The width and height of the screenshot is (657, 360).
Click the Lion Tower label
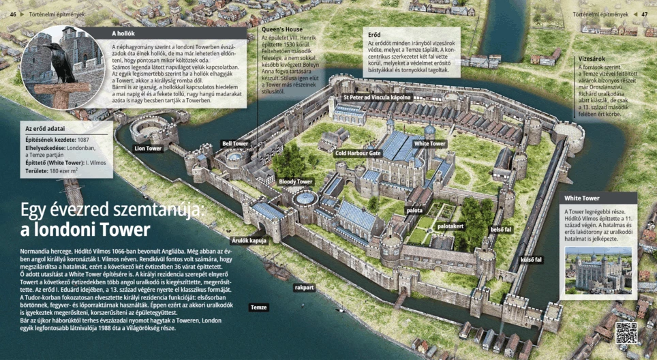pos(148,148)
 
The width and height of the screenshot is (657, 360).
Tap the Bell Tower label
pos(235,144)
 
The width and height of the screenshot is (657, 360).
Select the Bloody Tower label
pos(296,182)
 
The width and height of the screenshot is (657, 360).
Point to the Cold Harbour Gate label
pos(358,153)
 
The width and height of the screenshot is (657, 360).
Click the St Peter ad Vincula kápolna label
pos(377,97)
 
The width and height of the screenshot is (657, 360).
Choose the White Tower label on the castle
pos(430,144)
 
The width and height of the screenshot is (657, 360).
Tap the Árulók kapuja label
pos(249,240)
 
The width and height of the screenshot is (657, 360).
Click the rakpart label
pos(304,288)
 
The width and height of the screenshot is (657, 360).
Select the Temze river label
pos(259,307)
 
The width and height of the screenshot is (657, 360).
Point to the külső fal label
pos(531,260)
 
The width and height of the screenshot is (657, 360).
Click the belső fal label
pos(501,230)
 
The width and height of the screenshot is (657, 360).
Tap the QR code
pos(626,333)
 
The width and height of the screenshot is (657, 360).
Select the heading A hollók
pos(123,33)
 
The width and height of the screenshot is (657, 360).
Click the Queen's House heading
pos(281,30)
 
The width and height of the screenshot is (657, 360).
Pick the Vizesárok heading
pos(591,59)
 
